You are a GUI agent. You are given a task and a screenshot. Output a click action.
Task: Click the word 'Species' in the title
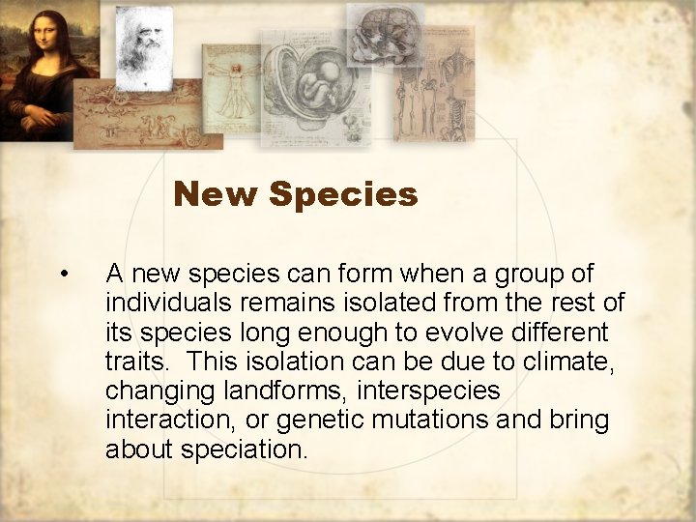[x=344, y=195]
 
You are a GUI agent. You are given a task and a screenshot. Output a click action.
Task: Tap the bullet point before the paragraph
[x=63, y=275]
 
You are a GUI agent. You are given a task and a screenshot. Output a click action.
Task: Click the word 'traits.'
[x=140, y=362]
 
